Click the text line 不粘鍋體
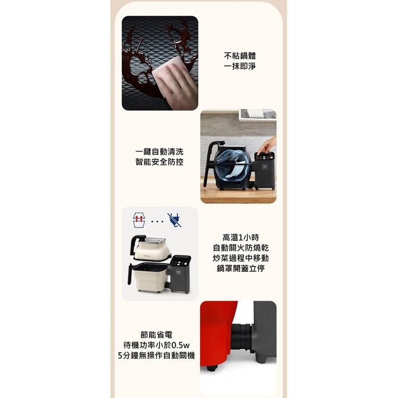(240, 56)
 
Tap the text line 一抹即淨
(240, 67)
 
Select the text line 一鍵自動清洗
(159, 151)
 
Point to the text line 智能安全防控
(159, 162)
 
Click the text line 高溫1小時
(240, 238)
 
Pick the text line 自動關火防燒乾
(240, 248)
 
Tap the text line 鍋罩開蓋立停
(240, 268)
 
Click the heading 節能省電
(157, 335)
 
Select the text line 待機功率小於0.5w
(157, 345)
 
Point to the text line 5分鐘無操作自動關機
(157, 356)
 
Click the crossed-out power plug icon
(174, 220)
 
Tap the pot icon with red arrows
(139, 220)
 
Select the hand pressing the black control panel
(266, 145)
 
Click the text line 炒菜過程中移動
(240, 258)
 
